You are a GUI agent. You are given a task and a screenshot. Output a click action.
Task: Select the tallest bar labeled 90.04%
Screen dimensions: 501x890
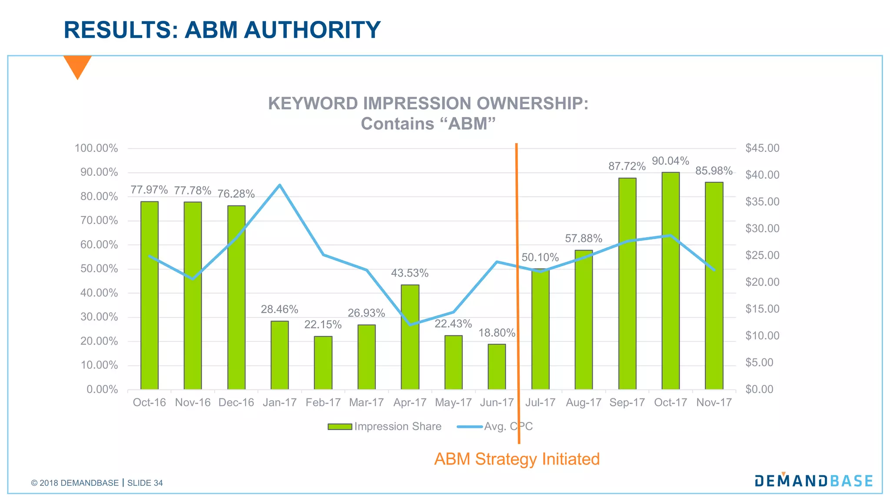point(671,281)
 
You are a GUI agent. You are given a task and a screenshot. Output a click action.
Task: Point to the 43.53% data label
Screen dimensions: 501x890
point(409,273)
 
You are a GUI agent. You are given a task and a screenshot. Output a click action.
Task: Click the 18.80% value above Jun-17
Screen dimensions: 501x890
point(497,333)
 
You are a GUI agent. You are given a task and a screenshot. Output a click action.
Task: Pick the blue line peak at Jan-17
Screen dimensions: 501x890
point(279,185)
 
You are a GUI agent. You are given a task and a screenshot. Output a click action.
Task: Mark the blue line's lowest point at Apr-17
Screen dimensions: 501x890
point(410,324)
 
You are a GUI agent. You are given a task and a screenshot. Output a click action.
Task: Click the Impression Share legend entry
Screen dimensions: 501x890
point(385,427)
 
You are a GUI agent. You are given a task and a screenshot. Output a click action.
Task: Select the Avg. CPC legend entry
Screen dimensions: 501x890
point(495,427)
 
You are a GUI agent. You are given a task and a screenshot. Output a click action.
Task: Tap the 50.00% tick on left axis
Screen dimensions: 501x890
point(99,269)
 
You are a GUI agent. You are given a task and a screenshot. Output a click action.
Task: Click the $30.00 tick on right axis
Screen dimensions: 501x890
point(762,228)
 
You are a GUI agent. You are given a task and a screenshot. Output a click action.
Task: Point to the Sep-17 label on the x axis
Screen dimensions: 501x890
point(627,403)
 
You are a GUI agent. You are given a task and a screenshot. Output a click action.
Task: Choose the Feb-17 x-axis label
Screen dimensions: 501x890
point(323,403)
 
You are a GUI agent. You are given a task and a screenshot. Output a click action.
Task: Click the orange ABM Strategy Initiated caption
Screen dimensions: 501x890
point(517,459)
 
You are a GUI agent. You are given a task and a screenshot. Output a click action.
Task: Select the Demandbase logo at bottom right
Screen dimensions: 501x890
point(814,480)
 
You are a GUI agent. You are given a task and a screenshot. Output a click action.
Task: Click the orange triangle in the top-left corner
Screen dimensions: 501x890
point(77,65)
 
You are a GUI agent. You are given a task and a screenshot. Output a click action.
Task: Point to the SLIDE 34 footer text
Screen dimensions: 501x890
point(145,483)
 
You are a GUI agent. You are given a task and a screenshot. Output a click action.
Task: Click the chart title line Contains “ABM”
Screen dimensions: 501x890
point(428,124)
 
